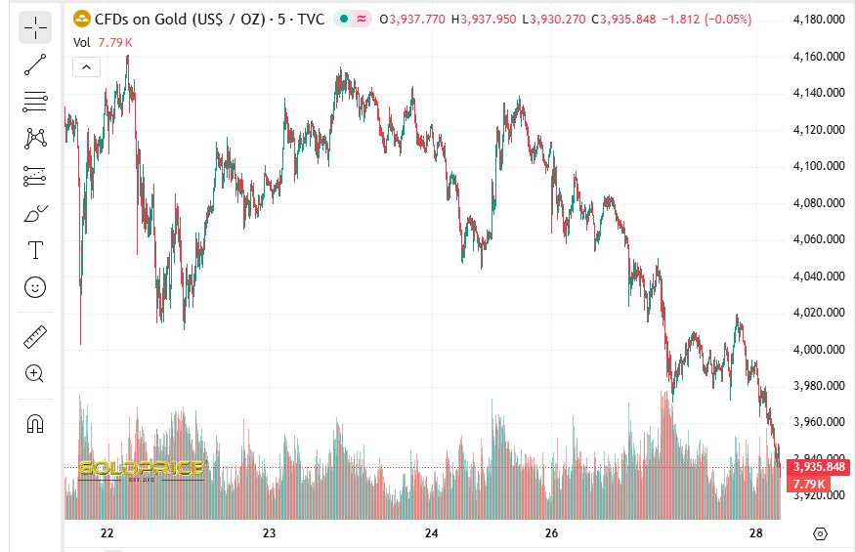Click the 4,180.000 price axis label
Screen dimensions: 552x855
point(819,20)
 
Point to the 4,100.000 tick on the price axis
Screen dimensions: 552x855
point(819,166)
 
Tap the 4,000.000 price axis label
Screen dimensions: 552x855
point(819,349)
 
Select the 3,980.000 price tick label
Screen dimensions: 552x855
point(819,386)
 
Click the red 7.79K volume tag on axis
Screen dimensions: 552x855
point(809,484)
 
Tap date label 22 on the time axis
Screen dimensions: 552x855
point(107,533)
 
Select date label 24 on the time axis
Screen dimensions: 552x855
point(432,533)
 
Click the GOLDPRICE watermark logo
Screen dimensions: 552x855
point(141,470)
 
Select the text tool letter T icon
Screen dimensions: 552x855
point(35,250)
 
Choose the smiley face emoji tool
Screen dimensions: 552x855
point(35,287)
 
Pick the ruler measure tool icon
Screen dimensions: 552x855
point(35,337)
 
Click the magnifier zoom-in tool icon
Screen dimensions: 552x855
point(35,373)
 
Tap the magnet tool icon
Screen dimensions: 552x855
point(35,423)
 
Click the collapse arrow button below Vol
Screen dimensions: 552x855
point(85,66)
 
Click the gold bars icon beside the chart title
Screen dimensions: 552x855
point(81,19)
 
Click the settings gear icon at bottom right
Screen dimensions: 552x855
point(820,533)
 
